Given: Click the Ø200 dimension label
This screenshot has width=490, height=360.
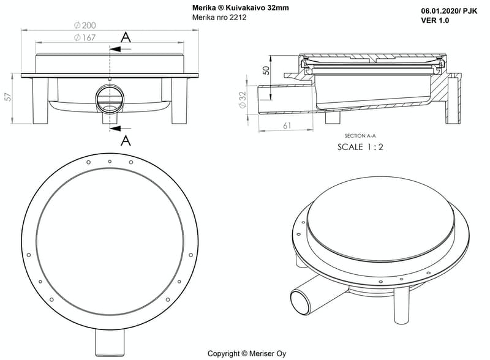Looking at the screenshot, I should coord(85,25).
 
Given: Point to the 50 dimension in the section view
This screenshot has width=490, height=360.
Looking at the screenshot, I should coord(266,69).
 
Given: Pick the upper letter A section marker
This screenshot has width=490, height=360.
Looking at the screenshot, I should coord(126,37).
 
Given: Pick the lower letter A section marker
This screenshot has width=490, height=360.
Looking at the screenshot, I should coord(126,140).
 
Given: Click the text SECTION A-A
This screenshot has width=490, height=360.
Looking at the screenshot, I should coord(360,136).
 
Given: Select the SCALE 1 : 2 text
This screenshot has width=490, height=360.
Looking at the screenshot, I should coord(360,147).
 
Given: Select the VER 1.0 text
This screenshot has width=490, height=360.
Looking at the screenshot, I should coord(435,20).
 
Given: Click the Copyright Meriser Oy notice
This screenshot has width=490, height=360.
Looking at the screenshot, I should coord(246,353).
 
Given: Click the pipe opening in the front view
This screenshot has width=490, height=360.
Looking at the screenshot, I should coord(110,99).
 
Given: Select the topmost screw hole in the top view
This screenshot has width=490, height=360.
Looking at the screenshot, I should coord(110,161).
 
